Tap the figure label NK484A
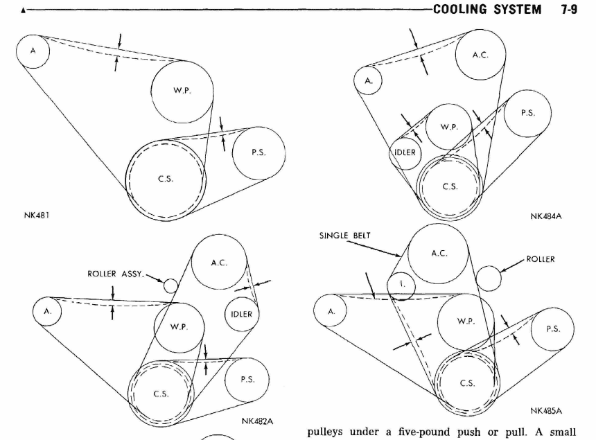[546, 216]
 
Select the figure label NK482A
[258, 421]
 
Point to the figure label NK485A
[546, 411]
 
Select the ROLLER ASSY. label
[116, 274]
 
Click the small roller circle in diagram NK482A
[170, 285]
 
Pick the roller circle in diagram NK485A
[489, 278]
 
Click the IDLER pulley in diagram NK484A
[405, 152]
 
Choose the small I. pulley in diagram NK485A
[401, 285]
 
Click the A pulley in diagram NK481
[33, 51]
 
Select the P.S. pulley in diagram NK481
[258, 153]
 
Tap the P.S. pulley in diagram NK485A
[552, 329]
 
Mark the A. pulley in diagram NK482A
[47, 312]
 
